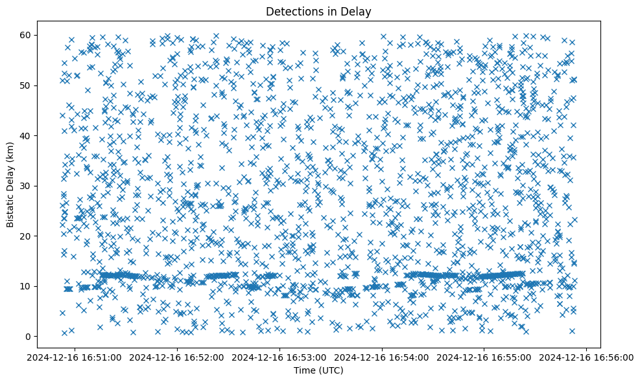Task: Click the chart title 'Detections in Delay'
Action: coord(318,11)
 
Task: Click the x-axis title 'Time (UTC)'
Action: coord(318,370)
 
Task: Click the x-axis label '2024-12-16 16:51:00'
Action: coord(76,357)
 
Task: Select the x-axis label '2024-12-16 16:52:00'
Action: coord(178,357)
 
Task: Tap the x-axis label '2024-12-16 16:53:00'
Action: coord(281,357)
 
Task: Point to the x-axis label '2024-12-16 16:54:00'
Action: coord(383,357)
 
